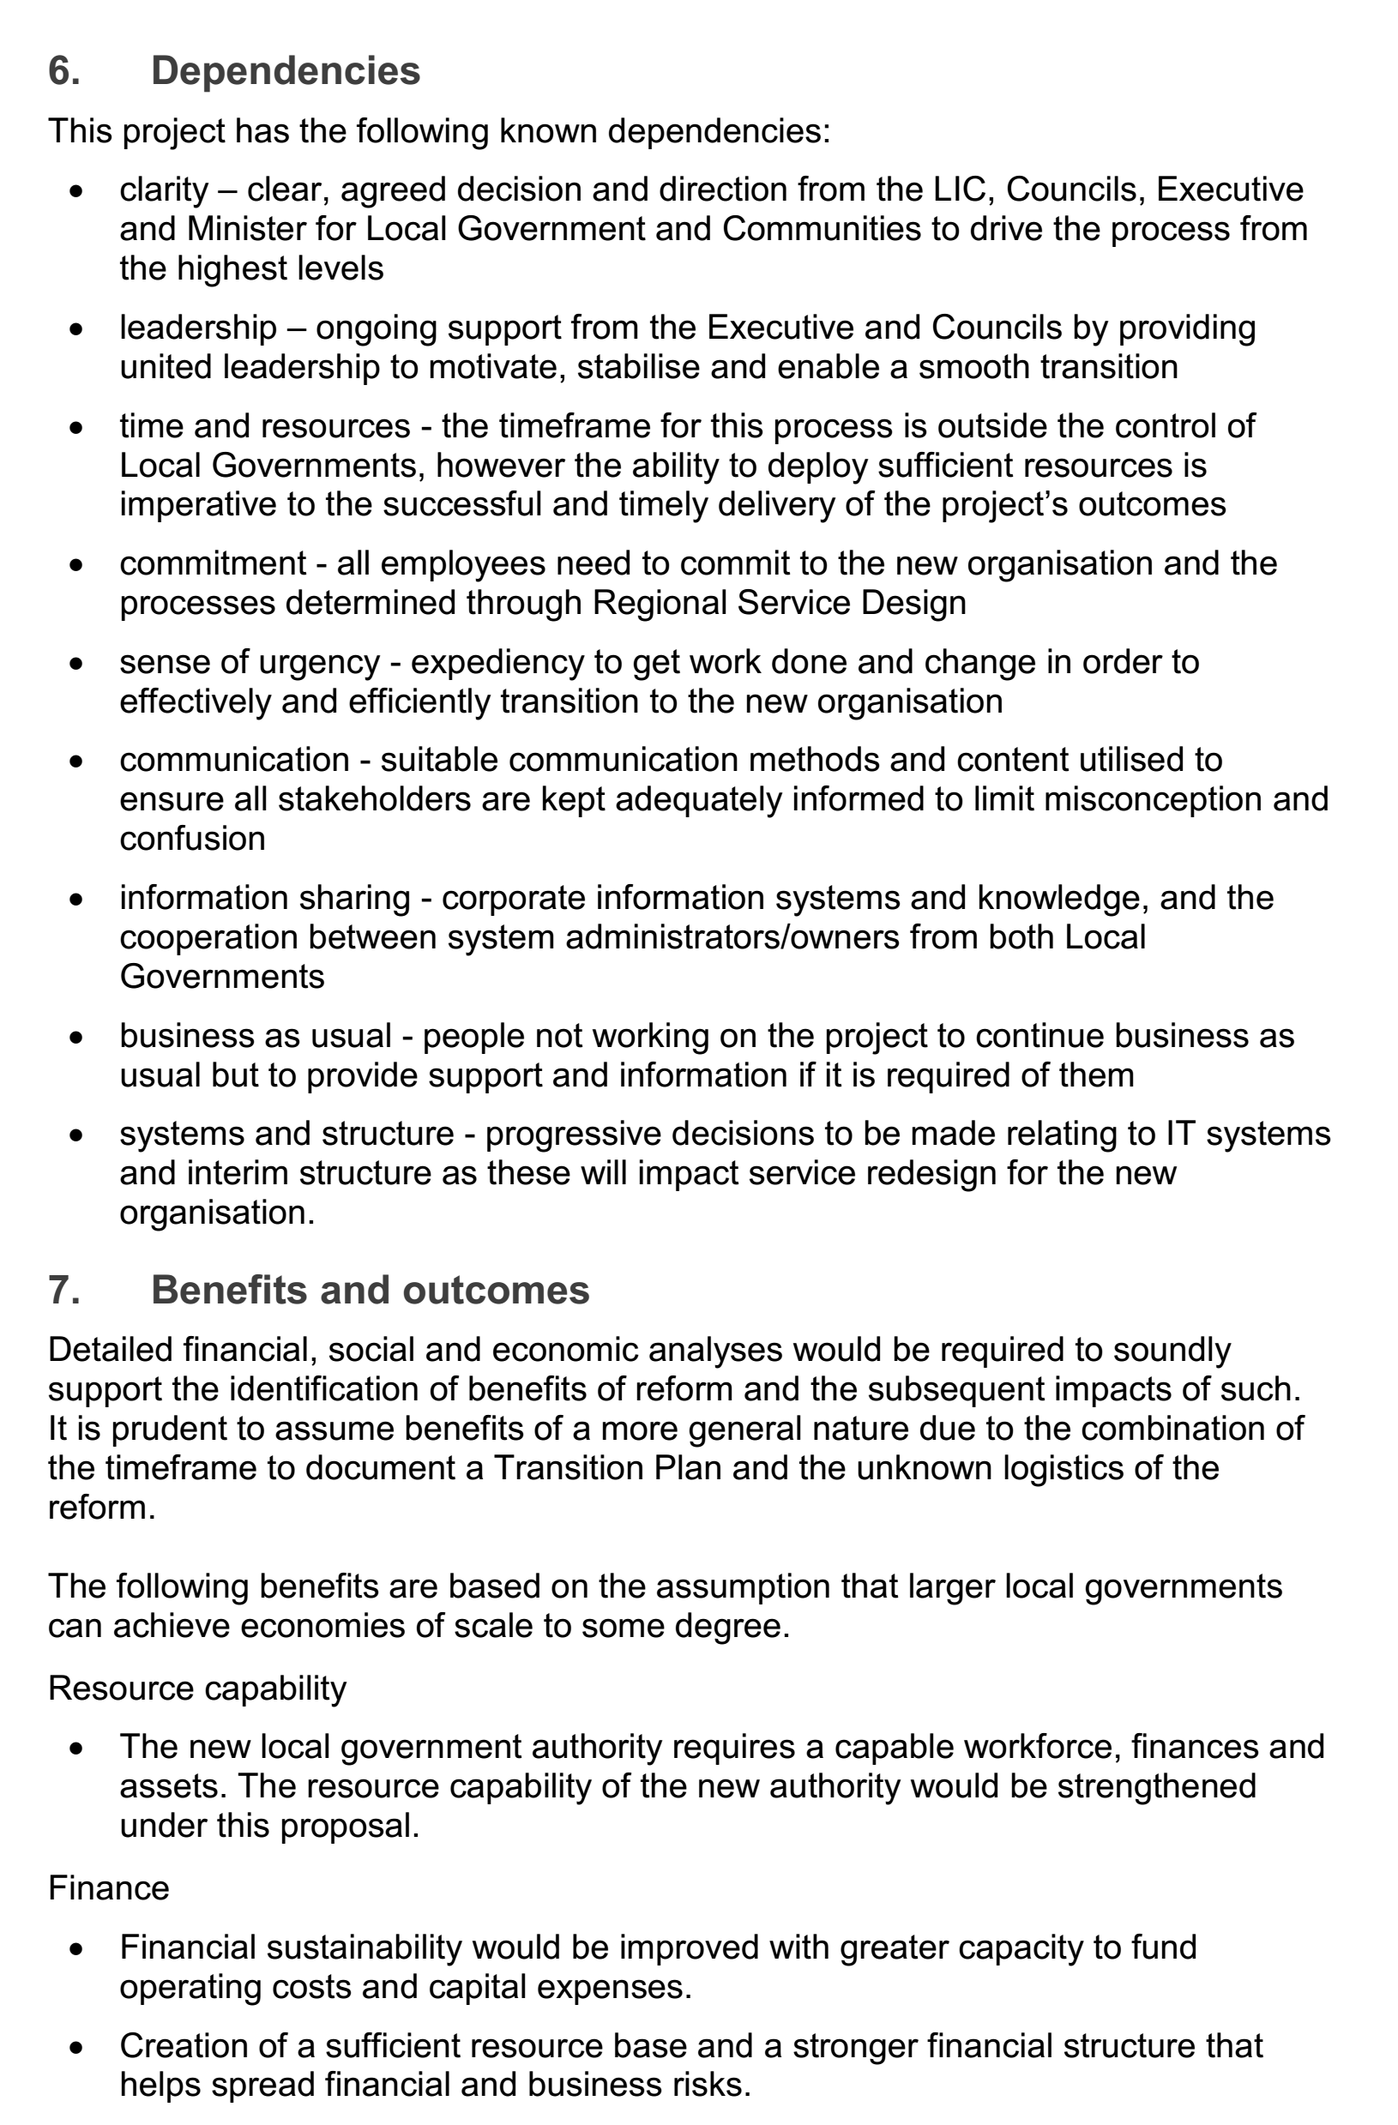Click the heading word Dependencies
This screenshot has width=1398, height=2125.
[x=285, y=71]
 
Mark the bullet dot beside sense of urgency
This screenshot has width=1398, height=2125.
[x=77, y=665]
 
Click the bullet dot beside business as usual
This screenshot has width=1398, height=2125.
[x=77, y=1038]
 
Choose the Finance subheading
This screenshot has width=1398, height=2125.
[x=108, y=1888]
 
